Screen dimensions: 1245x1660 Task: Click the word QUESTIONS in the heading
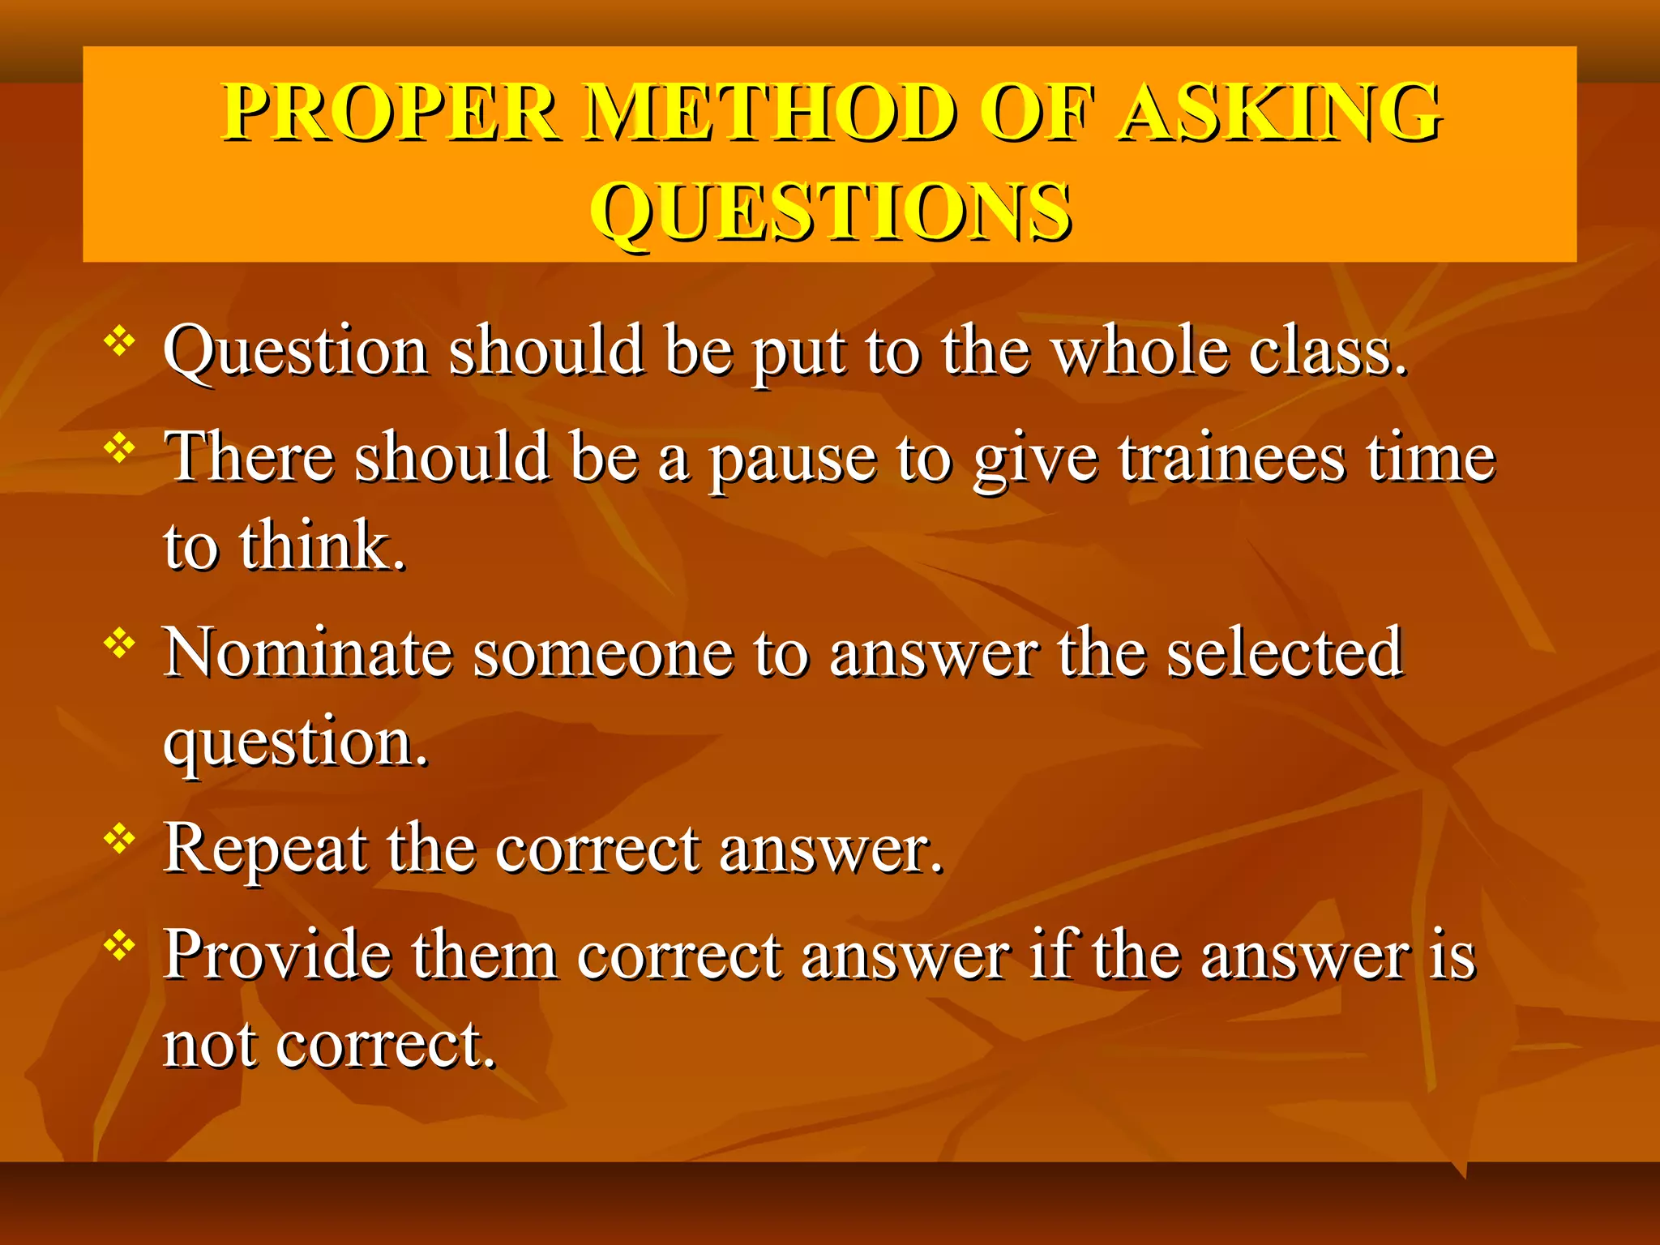[831, 212]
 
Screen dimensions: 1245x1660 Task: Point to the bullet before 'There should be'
[119, 447]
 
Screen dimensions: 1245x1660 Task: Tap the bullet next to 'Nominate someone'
[119, 644]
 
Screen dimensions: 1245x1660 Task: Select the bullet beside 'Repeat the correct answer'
[119, 839]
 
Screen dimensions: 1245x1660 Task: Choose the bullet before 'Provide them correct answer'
[119, 945]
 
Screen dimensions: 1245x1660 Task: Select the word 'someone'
[603, 652]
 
